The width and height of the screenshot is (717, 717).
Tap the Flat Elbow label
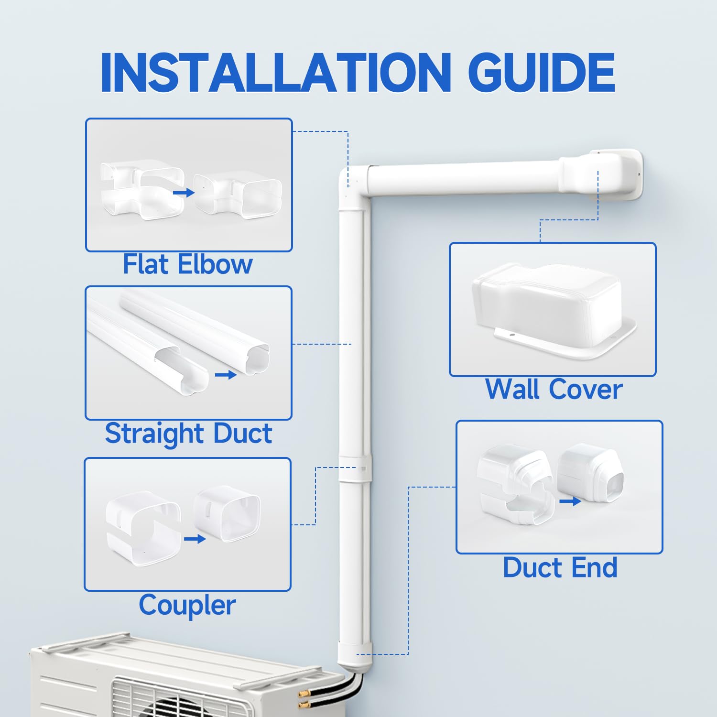(187, 264)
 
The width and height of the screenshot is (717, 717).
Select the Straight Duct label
(188, 434)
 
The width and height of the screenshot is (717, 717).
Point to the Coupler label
(187, 605)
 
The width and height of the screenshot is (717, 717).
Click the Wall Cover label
(554, 389)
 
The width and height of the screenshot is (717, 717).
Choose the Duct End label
(560, 568)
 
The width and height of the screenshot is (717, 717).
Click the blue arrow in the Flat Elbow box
(184, 192)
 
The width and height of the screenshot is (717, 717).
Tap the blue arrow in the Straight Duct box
(226, 375)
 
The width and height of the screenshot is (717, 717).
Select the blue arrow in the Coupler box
(195, 539)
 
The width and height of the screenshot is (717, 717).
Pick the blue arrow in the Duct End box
(570, 501)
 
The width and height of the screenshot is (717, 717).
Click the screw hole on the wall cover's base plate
(511, 335)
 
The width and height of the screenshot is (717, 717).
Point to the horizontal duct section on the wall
(464, 178)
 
